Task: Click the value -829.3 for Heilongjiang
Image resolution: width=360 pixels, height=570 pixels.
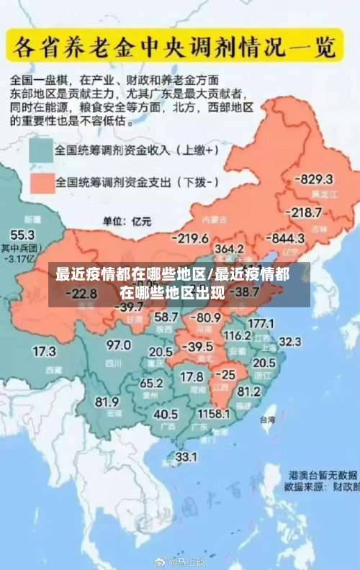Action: pyautogui.click(x=316, y=179)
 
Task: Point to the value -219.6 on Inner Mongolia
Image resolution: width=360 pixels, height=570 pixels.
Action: pyautogui.click(x=190, y=238)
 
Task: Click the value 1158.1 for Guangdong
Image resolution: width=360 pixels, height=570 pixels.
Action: pyautogui.click(x=214, y=414)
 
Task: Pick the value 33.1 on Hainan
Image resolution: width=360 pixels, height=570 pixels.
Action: pyautogui.click(x=186, y=456)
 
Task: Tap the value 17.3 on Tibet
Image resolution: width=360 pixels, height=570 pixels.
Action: pyautogui.click(x=45, y=351)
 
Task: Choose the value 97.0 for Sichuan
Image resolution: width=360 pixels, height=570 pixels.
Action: pyautogui.click(x=119, y=345)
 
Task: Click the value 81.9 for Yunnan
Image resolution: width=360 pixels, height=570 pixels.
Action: pyautogui.click(x=107, y=402)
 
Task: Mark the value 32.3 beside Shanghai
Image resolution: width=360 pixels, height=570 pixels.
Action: pyautogui.click(x=289, y=341)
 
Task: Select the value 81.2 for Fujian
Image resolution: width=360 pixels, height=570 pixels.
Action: pyautogui.click(x=248, y=392)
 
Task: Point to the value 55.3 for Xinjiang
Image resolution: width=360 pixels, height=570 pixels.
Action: pyautogui.click(x=22, y=235)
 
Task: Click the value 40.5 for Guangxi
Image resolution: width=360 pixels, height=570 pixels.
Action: pyautogui.click(x=166, y=414)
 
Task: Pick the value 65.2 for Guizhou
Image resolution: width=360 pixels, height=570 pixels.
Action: pyautogui.click(x=151, y=383)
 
